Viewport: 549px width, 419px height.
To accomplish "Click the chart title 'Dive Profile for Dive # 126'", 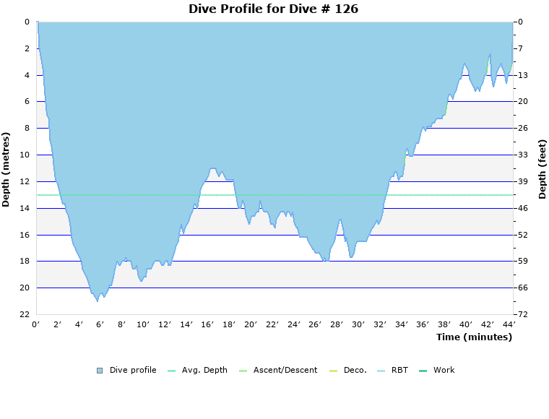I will (273, 9).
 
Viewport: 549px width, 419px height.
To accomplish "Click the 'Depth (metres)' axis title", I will (7, 169).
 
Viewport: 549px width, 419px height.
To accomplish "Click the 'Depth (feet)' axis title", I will (542, 169).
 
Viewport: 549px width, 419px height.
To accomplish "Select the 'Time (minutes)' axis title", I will (474, 337).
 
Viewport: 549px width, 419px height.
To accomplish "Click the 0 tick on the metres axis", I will (26, 22).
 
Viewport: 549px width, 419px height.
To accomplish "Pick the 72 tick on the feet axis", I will (523, 314).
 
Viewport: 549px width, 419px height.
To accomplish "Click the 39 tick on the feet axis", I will (523, 181).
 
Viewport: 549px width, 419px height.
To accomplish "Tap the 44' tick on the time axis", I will (509, 324).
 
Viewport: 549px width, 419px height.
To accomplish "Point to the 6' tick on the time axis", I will (100, 324).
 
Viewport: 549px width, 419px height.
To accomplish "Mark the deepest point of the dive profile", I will (98, 301).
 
